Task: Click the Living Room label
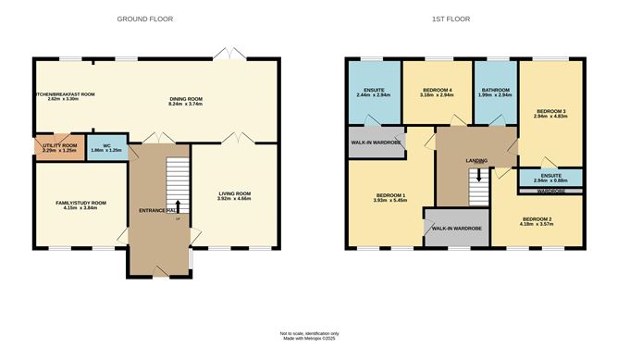pos(233,193)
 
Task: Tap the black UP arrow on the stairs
pos(178,205)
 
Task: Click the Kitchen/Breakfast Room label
pos(59,95)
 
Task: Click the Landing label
pos(476,160)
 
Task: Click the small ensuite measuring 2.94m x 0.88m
pos(550,177)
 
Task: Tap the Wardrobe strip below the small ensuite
pos(550,191)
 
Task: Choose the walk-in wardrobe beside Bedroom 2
pos(453,228)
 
